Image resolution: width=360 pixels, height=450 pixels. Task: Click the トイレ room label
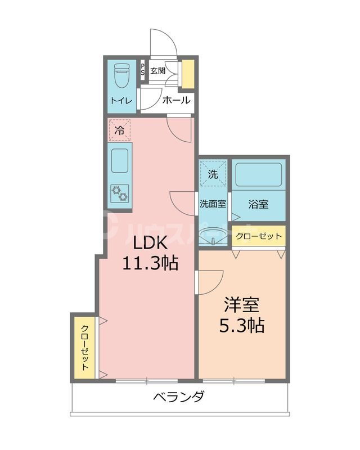121,101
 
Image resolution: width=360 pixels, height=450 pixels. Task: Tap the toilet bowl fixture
121,76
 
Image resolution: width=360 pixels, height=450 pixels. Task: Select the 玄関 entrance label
158,71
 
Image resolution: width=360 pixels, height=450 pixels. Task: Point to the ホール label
176,101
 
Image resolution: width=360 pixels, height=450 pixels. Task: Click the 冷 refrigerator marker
119,130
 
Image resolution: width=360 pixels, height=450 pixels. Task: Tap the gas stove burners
120,193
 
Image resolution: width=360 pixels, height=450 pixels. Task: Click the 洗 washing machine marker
213,174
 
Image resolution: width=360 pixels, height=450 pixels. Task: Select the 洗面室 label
213,204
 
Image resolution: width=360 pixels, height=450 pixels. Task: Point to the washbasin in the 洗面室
214,240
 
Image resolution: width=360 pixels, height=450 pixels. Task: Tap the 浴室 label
259,204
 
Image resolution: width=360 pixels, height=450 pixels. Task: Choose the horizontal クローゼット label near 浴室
259,236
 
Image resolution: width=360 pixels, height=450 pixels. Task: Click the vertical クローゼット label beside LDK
84,347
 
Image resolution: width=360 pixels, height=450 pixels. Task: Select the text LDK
150,242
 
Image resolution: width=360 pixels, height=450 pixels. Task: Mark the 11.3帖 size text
150,262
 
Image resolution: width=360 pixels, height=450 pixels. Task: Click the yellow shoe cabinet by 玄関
188,72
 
